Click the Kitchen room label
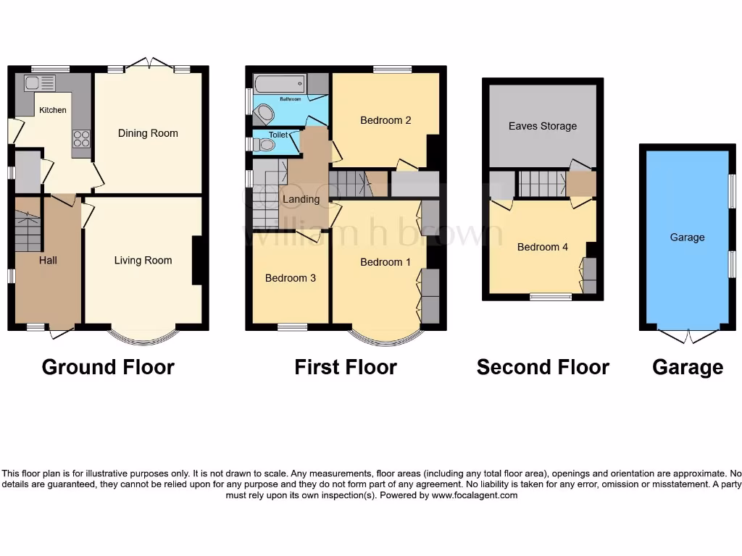(x=52, y=110)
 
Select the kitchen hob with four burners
(x=80, y=138)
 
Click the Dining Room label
(x=148, y=133)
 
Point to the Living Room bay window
(x=143, y=336)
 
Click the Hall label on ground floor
(x=49, y=260)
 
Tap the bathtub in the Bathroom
(x=279, y=83)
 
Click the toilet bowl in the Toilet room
(x=267, y=145)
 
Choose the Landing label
(x=301, y=199)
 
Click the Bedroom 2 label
(x=385, y=120)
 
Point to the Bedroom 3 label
(x=290, y=278)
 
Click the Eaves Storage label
(x=543, y=126)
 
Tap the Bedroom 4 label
(x=543, y=247)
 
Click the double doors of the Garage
(x=687, y=335)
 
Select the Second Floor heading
(x=543, y=368)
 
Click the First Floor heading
(x=346, y=368)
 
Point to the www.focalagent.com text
(x=475, y=496)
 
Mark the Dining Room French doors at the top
(x=149, y=64)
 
